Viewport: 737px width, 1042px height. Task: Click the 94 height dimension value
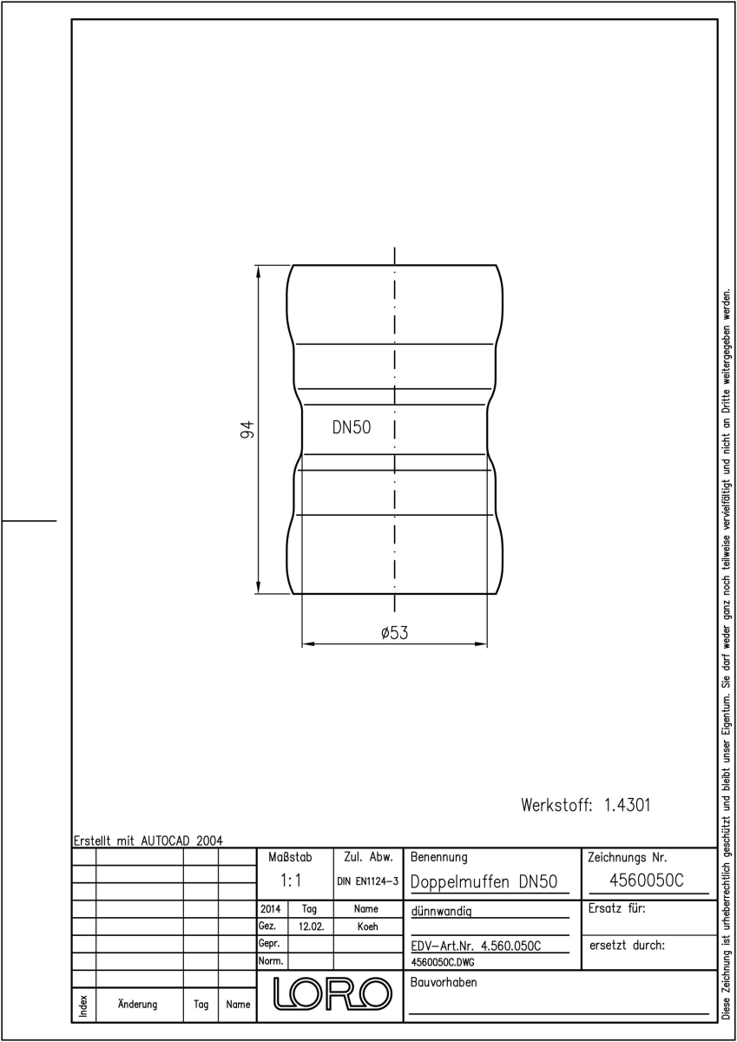247,429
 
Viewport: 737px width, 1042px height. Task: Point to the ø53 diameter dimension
394,633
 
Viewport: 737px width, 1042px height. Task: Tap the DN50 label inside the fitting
352,427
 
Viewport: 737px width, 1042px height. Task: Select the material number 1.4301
627,805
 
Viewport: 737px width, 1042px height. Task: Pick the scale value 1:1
291,880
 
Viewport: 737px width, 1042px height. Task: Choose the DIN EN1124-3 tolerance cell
368,881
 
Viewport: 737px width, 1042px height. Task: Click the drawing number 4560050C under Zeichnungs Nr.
647,880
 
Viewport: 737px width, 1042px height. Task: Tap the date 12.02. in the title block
311,927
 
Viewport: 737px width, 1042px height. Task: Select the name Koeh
368,927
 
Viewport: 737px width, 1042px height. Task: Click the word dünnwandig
441,911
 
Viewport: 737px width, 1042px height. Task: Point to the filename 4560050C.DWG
443,962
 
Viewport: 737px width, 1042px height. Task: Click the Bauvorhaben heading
444,982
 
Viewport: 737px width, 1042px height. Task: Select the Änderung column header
138,1004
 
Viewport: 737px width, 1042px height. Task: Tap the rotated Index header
83,1006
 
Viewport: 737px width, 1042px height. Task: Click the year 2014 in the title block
271,909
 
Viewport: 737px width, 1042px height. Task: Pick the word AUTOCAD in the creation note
166,841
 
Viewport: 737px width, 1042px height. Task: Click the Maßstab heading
290,857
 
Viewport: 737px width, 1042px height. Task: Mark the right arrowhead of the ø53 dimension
481,643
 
